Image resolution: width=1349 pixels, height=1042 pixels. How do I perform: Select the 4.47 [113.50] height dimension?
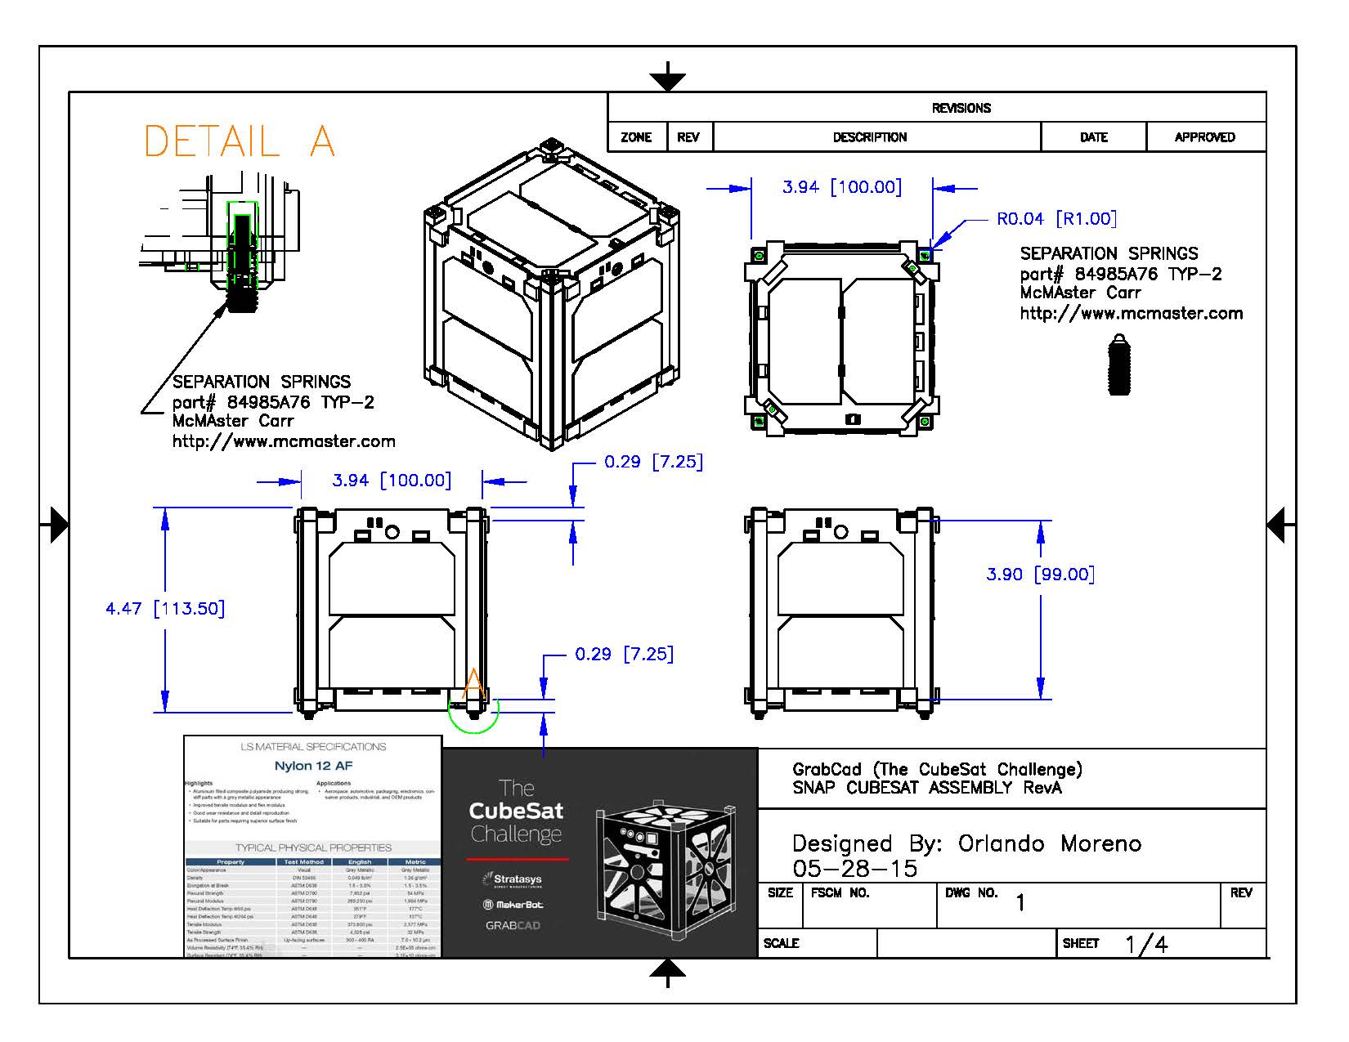pos(165,609)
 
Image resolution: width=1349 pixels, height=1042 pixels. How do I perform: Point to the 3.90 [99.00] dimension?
pos(1040,575)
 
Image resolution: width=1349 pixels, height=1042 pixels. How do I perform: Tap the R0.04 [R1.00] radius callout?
pos(1055,219)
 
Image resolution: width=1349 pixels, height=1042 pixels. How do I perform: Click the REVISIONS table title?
pos(961,108)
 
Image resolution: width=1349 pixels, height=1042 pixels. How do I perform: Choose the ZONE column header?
pos(636,137)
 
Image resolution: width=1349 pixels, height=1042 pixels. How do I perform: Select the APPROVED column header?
pos(1204,137)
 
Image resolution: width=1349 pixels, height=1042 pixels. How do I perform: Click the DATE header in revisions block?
pos(1093,137)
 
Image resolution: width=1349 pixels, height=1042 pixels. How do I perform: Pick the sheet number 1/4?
pos(1146,945)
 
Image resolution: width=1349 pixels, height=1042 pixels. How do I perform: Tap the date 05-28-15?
pos(854,869)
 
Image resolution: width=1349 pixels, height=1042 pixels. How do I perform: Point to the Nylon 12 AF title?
pos(313,766)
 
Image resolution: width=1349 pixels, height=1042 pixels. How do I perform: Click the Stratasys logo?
pos(513,879)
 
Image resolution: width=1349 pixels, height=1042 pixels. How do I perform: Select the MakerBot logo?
pos(513,905)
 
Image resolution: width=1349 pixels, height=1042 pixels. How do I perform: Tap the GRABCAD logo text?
pos(513,926)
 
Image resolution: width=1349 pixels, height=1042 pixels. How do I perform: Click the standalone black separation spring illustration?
pos(1119,364)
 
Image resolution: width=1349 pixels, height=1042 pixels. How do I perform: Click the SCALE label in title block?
pos(781,943)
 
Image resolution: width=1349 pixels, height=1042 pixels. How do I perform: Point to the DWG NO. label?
pos(971,893)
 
